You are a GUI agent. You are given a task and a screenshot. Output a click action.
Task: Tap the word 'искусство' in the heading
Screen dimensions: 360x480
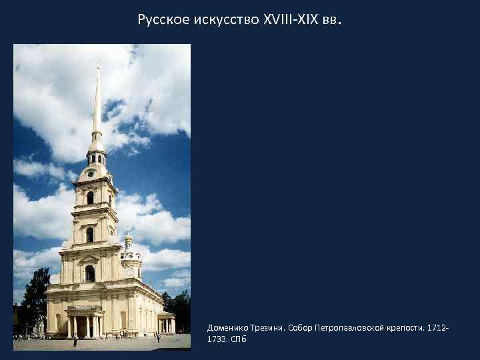(x=219, y=20)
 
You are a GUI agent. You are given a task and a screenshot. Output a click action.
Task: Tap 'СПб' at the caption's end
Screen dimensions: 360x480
(x=239, y=339)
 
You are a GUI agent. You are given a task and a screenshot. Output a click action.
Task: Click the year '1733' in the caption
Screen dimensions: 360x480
(x=217, y=339)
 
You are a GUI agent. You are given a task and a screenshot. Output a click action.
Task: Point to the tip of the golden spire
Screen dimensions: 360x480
(x=98, y=65)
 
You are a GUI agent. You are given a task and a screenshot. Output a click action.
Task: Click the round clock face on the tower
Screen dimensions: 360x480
(x=91, y=173)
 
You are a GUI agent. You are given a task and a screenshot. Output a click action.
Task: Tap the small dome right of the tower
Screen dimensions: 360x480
(x=128, y=239)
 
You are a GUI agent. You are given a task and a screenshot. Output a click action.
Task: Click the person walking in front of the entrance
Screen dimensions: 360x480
(x=75, y=341)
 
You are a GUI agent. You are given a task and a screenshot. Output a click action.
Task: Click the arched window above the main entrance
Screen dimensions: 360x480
(x=89, y=273)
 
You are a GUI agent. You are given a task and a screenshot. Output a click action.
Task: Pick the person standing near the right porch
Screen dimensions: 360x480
(x=158, y=337)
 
